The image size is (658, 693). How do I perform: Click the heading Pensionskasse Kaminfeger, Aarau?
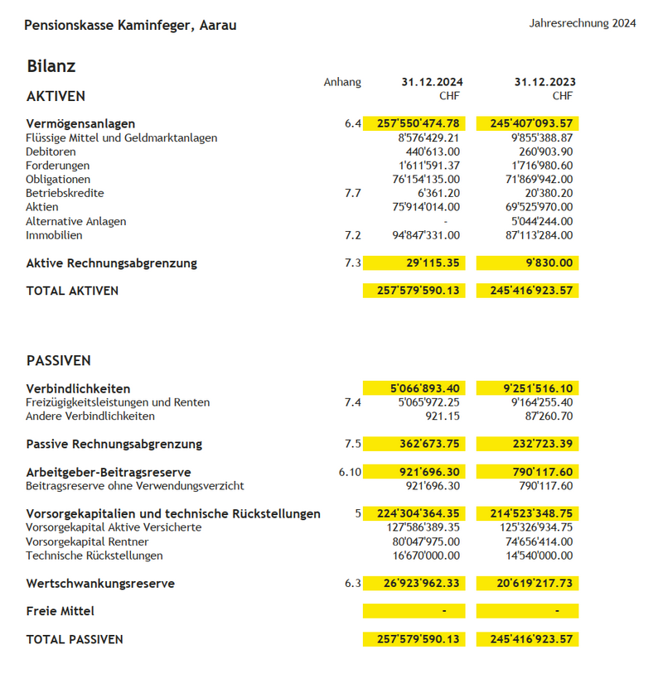pos(130,26)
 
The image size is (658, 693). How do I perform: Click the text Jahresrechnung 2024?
pos(583,23)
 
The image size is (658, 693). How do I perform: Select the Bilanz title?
pos(51,66)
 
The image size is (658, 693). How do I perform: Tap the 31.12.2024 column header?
pos(432,82)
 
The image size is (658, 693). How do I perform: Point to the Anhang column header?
pos(342,82)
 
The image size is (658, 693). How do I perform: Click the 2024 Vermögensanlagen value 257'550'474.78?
pos(418,123)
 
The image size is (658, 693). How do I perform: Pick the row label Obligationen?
pos(58,179)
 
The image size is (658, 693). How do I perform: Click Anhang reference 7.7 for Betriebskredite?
pos(353,193)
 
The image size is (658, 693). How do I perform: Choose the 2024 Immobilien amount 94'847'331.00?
pos(426,235)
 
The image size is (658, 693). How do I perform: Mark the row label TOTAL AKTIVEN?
pos(72,291)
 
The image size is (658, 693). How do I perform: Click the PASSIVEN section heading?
pos(59,361)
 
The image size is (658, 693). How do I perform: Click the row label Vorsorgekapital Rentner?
pos(87,541)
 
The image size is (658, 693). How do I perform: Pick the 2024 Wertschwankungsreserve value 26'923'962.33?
pos(422,584)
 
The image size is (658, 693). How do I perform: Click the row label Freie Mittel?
pos(60,611)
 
